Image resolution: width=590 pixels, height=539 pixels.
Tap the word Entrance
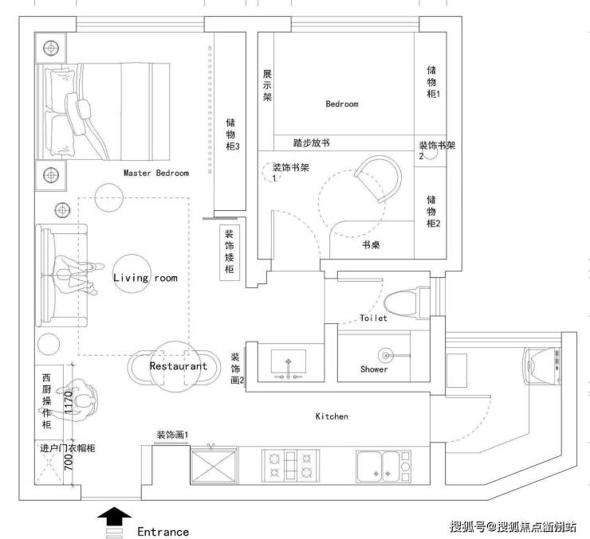point(163,532)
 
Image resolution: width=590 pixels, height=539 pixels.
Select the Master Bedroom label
point(156,173)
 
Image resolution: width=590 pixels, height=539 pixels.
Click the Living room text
point(145,278)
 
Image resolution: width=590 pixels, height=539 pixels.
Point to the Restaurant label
point(179,366)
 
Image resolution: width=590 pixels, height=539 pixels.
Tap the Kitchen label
point(332,416)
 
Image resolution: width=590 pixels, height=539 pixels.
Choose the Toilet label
point(373,318)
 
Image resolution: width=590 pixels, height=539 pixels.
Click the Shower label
point(374,369)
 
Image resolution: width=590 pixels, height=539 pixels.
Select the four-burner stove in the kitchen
point(290,465)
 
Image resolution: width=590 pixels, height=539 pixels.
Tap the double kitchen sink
point(383,466)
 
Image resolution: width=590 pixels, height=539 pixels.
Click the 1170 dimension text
point(69,403)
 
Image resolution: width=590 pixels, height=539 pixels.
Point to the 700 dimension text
point(69,462)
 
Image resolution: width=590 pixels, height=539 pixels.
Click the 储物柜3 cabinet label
point(232,135)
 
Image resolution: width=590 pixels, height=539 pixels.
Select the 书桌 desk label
point(371,245)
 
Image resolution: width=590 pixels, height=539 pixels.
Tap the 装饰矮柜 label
point(229,252)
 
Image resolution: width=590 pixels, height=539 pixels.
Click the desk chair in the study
point(379,180)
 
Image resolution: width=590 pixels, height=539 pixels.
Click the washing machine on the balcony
point(542,366)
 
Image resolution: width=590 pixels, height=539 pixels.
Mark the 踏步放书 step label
point(312,143)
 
